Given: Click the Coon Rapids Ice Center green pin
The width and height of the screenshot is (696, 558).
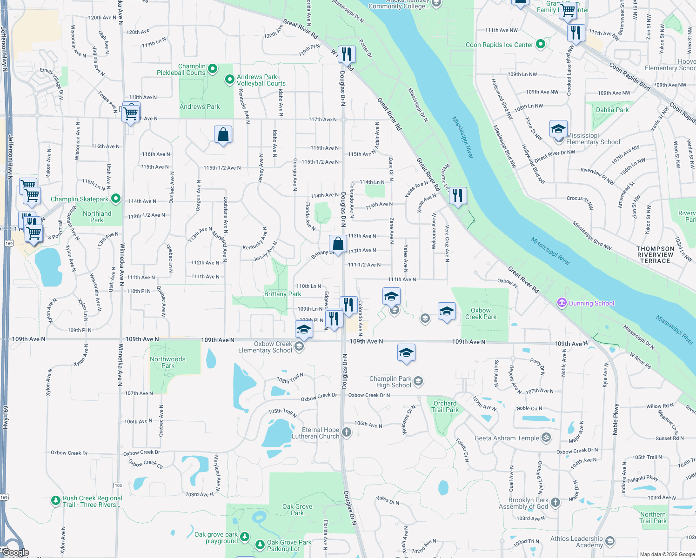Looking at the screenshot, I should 540,44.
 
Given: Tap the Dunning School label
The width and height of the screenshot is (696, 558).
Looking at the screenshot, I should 591,303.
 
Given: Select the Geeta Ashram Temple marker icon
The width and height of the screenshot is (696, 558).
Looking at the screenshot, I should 547,438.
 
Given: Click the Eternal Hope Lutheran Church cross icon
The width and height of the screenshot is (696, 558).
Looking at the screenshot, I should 346,432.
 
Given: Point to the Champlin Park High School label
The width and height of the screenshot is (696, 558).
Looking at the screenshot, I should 390,382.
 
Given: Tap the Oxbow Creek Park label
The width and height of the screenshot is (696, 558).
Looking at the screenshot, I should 481,313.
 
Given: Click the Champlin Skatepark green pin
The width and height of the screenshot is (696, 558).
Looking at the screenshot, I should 116,199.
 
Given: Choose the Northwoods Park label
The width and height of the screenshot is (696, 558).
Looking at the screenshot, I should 167,362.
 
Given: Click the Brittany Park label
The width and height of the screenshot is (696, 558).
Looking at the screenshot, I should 282,294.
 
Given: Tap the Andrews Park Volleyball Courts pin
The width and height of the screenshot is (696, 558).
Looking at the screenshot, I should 229,80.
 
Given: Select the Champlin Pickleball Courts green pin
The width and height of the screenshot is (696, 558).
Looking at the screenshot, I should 213,69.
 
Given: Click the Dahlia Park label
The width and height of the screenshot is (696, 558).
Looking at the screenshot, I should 612,110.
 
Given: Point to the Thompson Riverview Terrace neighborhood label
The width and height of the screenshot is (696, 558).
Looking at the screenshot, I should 655,255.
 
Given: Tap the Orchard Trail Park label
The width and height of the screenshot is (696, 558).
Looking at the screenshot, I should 445,406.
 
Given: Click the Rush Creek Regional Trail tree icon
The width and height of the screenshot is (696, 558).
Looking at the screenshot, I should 56,501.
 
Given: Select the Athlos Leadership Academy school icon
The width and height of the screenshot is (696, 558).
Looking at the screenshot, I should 610,541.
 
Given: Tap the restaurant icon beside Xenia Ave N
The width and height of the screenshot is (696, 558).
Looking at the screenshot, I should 458,196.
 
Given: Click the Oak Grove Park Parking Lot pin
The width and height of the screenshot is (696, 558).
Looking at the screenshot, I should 260,544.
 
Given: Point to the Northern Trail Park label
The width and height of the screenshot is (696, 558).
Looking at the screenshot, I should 653,518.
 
